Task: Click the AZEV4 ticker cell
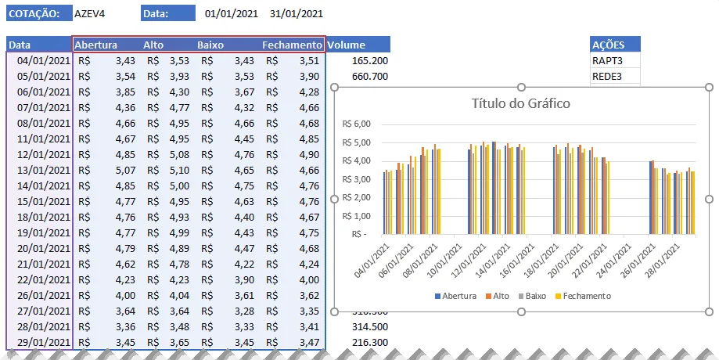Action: (x=90, y=14)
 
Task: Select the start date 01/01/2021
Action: (x=232, y=14)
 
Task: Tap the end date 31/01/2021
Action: (x=297, y=14)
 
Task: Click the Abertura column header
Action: (x=95, y=45)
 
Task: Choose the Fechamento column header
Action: (x=292, y=45)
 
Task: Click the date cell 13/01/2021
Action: (x=44, y=170)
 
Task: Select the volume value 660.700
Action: (x=370, y=76)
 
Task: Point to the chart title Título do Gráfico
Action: (x=521, y=103)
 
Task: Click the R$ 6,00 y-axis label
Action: (x=356, y=124)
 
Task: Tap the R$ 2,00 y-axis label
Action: (x=356, y=198)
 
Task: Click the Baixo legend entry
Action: (x=532, y=297)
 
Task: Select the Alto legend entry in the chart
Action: (x=498, y=297)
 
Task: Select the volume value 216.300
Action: (x=370, y=342)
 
